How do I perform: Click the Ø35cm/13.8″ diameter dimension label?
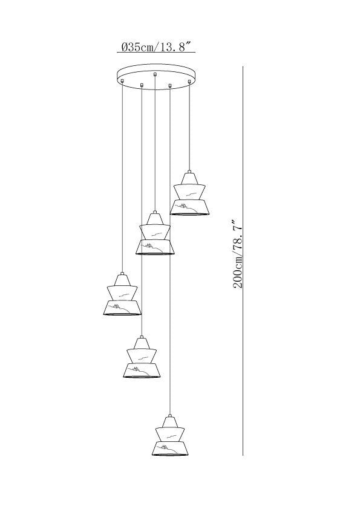pos(155,47)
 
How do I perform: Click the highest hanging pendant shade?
pos(189,193)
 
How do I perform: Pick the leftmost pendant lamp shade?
pos(122,294)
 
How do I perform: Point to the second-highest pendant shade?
pos(155,234)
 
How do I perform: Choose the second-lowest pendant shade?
pos(142,358)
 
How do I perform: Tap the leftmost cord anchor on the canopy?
pos(122,80)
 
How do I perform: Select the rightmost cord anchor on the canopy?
pos(189,80)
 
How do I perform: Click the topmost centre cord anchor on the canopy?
pos(155,75)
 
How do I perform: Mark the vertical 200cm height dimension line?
pos(243,261)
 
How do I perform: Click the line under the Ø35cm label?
pos(156,52)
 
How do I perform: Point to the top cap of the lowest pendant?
pos(169,421)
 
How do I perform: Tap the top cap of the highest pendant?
pos(189,178)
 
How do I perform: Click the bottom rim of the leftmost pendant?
pos(122,314)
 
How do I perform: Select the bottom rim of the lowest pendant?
pos(171,455)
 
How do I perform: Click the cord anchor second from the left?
pos(142,85)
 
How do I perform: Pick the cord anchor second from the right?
pos(169,85)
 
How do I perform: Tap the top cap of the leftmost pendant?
pos(122,279)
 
